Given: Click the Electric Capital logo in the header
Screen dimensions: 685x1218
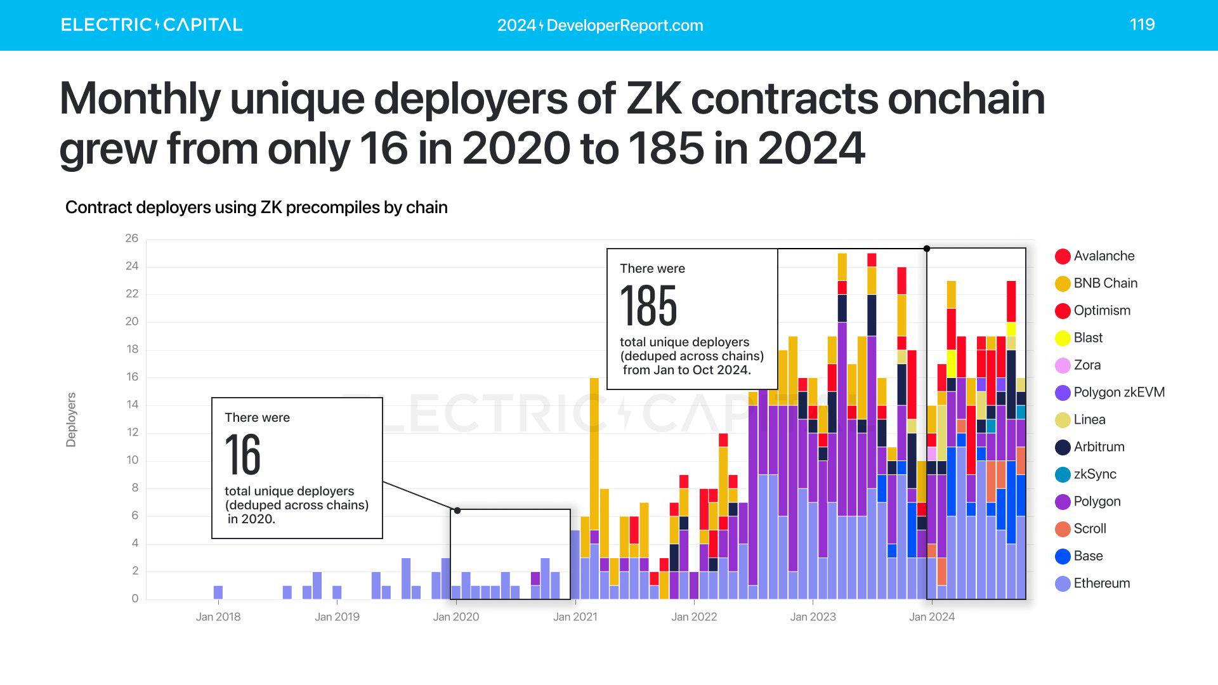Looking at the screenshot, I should pos(152,25).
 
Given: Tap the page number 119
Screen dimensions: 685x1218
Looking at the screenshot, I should pos(1142,24).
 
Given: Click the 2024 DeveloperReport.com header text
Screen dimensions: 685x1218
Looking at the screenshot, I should pos(600,25).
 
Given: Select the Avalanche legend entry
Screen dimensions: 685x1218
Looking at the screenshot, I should pos(1104,256).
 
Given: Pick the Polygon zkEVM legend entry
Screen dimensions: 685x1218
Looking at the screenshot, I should pos(1118,393).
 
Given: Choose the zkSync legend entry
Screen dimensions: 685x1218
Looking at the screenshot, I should pos(1094,474).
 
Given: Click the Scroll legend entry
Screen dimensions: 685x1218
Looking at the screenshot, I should pos(1089,529).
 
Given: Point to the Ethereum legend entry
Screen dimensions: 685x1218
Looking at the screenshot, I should pos(1101,584).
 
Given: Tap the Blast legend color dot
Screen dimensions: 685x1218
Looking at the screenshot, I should pos(1063,338).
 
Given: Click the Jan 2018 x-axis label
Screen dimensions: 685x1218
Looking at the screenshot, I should pos(218,616).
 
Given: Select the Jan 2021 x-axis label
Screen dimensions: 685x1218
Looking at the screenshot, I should pos(575,616).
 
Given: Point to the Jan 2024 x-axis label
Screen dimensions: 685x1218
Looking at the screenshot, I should pos(931,616).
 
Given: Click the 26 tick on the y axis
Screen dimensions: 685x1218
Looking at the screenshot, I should pos(132,238).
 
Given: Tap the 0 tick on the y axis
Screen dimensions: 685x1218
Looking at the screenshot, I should pos(134,599).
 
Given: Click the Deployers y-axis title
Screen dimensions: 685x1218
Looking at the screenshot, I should pos(71,420).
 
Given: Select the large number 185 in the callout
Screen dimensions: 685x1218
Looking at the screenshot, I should pos(648,306).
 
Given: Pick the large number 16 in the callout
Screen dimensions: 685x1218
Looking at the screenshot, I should pos(243,455).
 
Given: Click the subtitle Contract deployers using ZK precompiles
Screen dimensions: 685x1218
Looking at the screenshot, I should pos(256,207).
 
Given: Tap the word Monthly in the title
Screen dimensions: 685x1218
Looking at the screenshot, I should pos(140,99).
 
